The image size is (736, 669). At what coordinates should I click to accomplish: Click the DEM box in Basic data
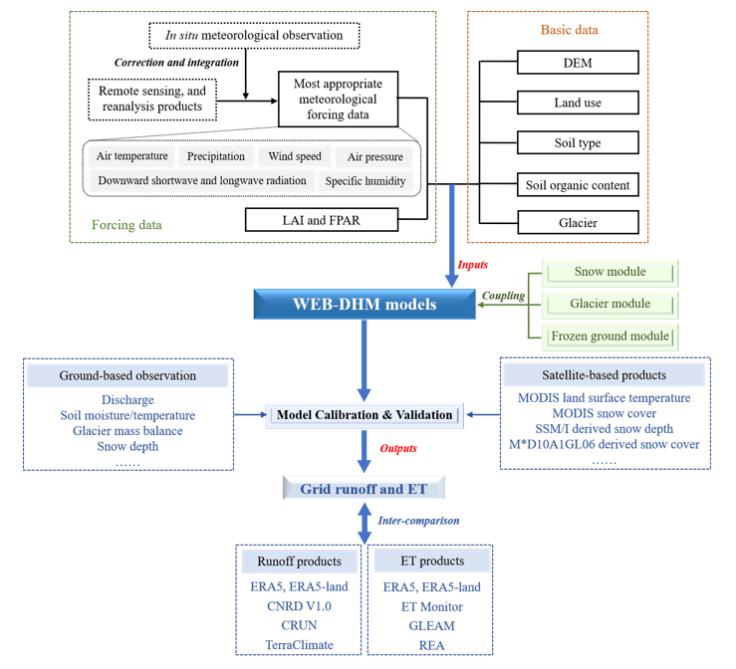click(578, 63)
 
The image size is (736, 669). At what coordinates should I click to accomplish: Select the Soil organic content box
click(578, 185)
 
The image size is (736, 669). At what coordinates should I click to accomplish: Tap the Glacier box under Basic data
click(578, 222)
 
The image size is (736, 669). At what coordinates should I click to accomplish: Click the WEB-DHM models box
click(365, 304)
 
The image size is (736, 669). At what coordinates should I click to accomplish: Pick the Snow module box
click(611, 272)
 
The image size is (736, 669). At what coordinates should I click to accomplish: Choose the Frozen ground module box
click(611, 336)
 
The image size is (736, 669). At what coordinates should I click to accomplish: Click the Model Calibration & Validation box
click(365, 415)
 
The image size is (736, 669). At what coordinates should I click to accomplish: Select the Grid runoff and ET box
click(364, 489)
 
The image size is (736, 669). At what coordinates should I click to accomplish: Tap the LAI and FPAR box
click(322, 220)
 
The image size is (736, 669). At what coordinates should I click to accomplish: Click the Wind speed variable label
click(295, 156)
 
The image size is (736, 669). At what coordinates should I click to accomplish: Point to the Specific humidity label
click(366, 181)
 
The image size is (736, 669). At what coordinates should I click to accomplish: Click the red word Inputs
click(473, 265)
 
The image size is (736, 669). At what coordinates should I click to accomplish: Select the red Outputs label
click(398, 449)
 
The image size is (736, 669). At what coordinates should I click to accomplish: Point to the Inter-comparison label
click(418, 521)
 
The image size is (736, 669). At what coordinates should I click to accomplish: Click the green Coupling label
click(503, 296)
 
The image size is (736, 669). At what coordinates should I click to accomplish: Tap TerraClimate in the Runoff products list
click(299, 645)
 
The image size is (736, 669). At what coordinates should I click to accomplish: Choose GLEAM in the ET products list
click(432, 626)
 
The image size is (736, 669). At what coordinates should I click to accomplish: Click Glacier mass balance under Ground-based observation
click(127, 431)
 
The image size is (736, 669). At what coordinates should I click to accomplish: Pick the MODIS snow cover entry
click(605, 413)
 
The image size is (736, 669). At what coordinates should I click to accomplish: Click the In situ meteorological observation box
click(254, 36)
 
